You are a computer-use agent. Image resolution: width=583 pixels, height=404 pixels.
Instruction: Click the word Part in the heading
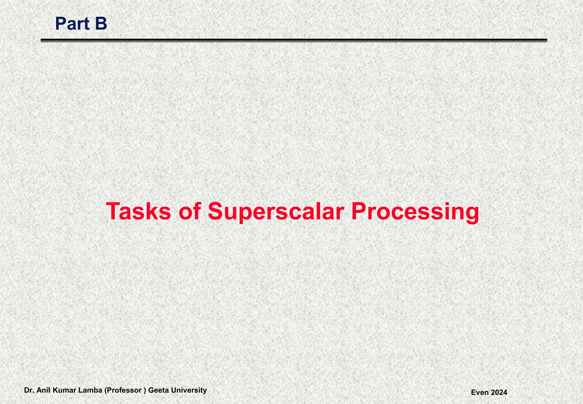[x=72, y=24]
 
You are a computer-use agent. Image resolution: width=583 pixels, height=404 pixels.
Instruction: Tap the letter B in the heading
[x=101, y=24]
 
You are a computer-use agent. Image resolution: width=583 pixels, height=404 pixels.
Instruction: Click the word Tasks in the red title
[x=138, y=211]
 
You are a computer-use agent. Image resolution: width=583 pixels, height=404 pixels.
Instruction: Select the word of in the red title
[x=189, y=211]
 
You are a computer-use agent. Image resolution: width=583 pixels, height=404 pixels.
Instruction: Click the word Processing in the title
[x=415, y=211]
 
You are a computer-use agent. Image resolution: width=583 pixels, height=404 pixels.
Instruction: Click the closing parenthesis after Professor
[x=145, y=390]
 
